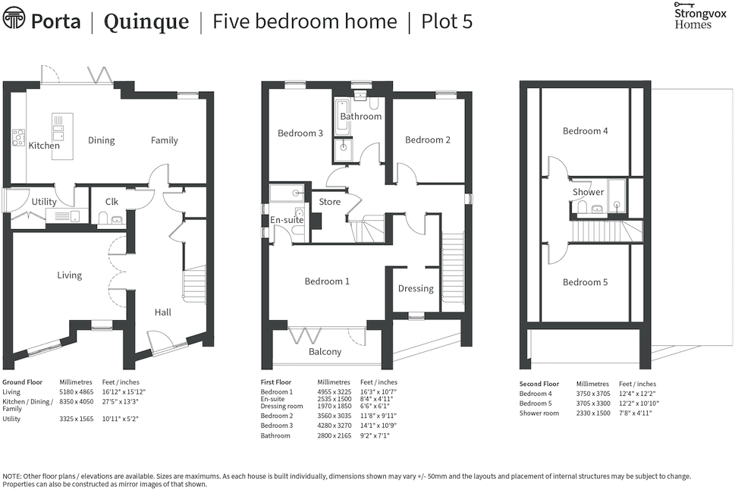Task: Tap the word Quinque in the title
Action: coord(146,21)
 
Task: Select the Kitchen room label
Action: coord(44,146)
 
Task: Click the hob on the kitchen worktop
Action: coord(17,137)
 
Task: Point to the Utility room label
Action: coord(44,202)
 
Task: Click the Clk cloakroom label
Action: coord(112,202)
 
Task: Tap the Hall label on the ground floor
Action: coord(163,312)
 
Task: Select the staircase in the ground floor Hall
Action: coord(195,285)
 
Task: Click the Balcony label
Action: coord(325,352)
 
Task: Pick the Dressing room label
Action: coord(416,288)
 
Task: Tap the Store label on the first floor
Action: coord(330,202)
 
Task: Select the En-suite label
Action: coord(287,220)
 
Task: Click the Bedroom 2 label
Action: coord(428,140)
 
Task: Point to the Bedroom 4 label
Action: coord(585,130)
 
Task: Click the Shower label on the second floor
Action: coord(588,192)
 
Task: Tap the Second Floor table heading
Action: coord(539,384)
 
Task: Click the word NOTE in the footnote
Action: coord(13,476)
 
